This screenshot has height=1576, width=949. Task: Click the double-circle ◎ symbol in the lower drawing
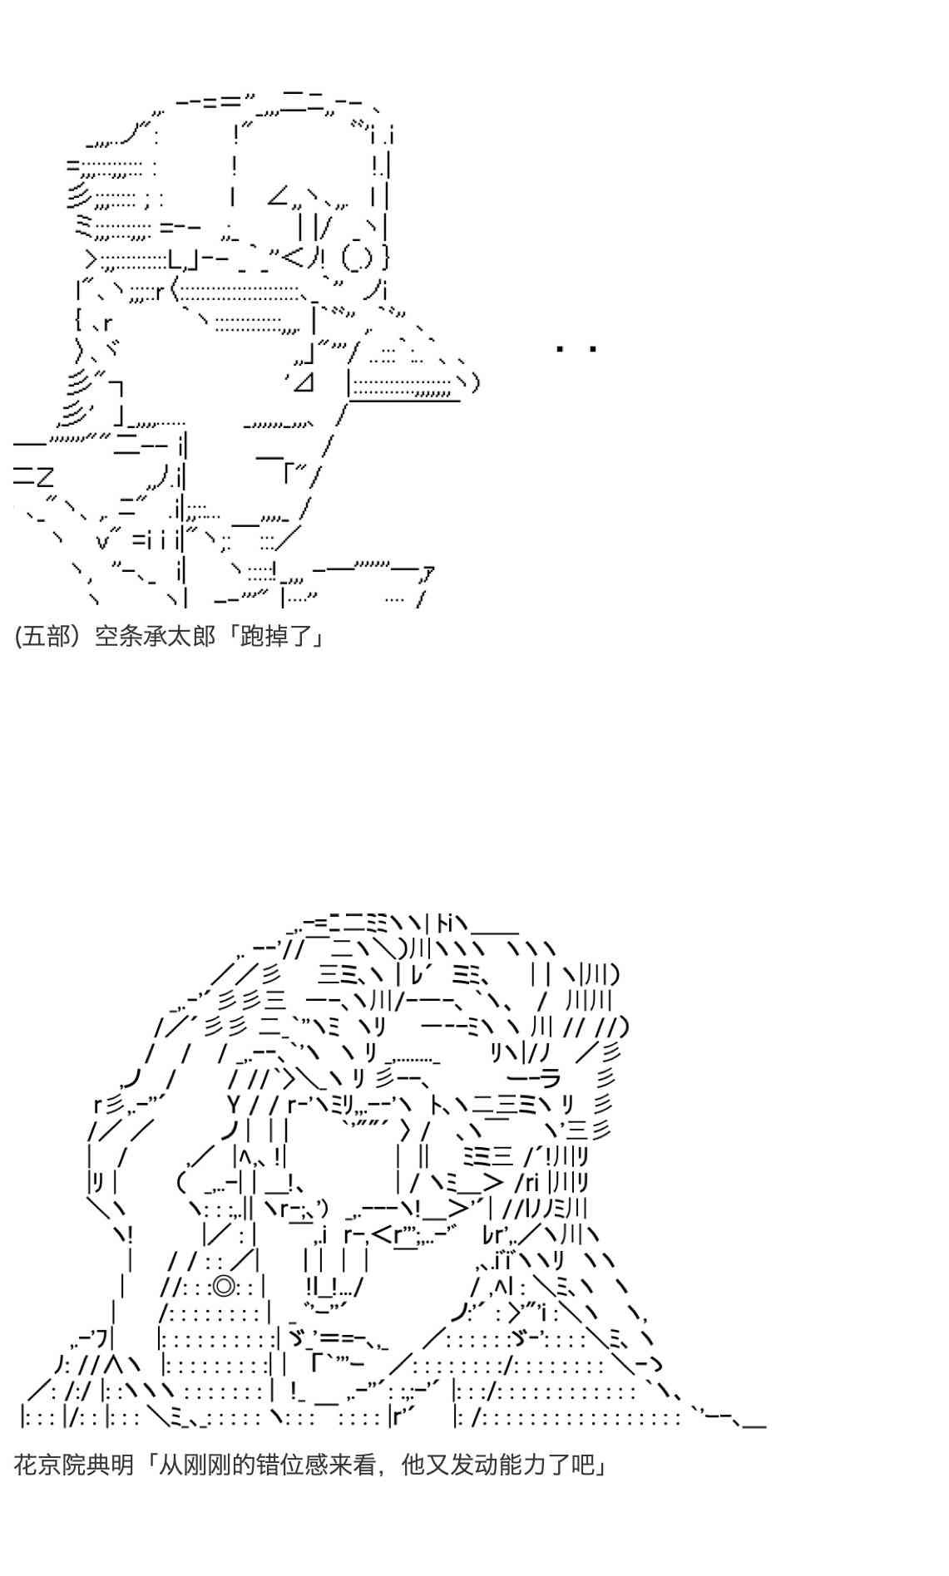tap(222, 1287)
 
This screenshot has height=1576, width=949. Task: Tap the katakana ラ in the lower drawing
tap(549, 1080)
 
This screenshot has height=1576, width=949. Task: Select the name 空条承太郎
tap(146, 637)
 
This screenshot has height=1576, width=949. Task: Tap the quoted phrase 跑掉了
tap(274, 637)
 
